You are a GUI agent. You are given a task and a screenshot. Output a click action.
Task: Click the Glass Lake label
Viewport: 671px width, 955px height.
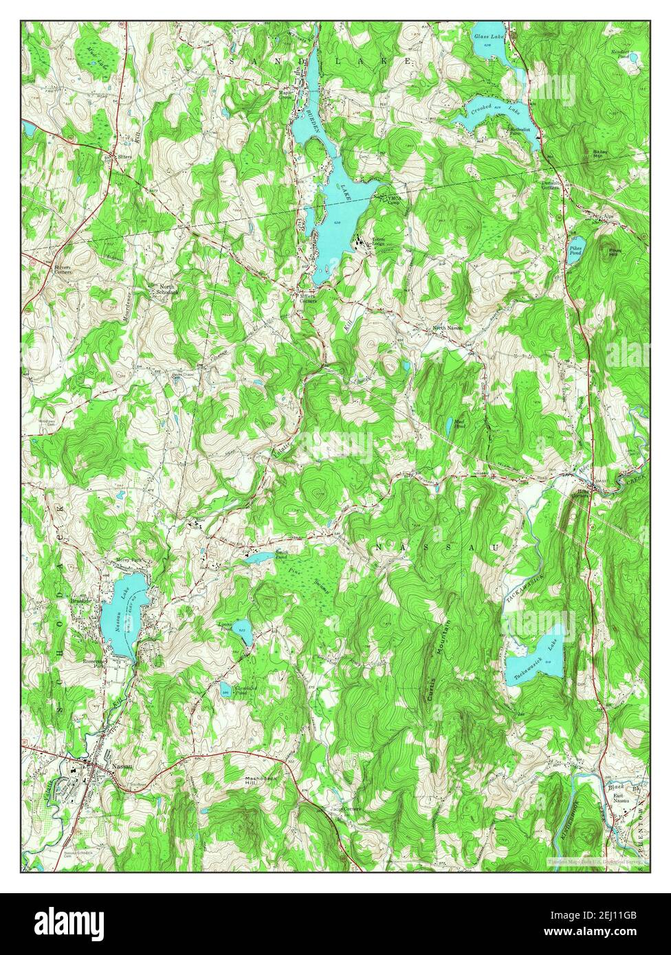tap(489, 34)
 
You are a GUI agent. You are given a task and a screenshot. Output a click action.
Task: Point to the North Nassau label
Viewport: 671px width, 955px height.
tap(447, 328)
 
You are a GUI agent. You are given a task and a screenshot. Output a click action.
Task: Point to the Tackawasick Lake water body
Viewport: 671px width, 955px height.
tap(533, 661)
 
